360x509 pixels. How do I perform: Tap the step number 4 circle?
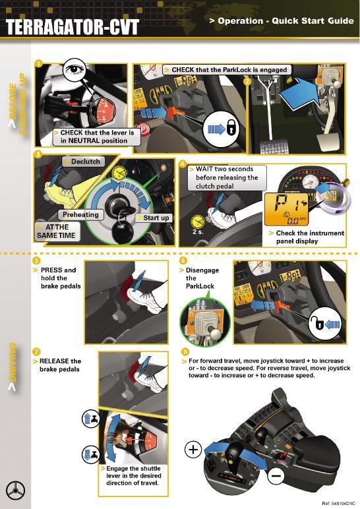pyautogui.click(x=183, y=163)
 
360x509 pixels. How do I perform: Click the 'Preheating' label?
pyautogui.click(x=80, y=215)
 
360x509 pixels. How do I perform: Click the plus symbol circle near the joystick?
pyautogui.click(x=192, y=450)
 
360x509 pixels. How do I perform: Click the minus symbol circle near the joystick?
pyautogui.click(x=277, y=474)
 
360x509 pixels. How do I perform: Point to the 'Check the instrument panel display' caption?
pyautogui.click(x=309, y=237)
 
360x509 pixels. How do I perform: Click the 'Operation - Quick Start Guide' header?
pyautogui.click(x=282, y=21)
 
